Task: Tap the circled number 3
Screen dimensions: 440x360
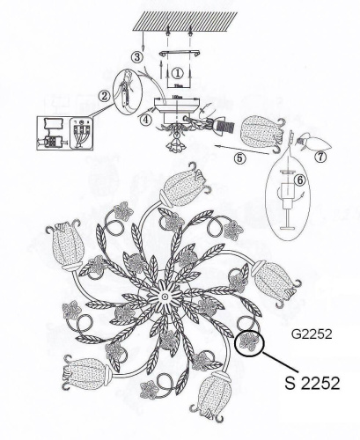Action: tap(136, 57)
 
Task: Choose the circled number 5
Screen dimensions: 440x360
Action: tap(239, 159)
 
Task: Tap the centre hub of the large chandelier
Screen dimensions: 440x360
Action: tap(165, 300)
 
